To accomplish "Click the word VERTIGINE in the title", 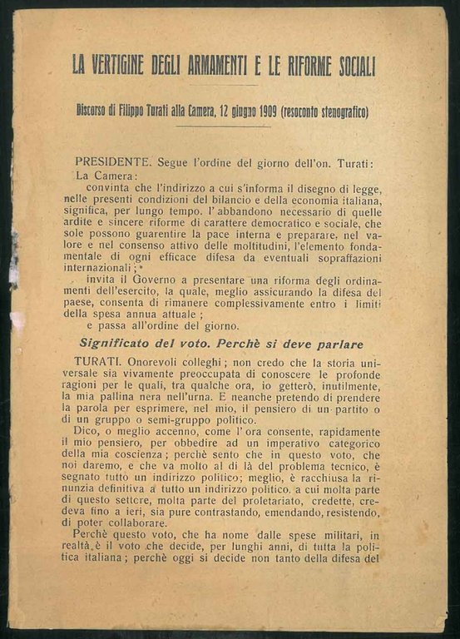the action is (x=126, y=64).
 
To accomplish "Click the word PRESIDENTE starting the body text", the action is (x=112, y=161).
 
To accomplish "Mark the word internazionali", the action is (x=106, y=270).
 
